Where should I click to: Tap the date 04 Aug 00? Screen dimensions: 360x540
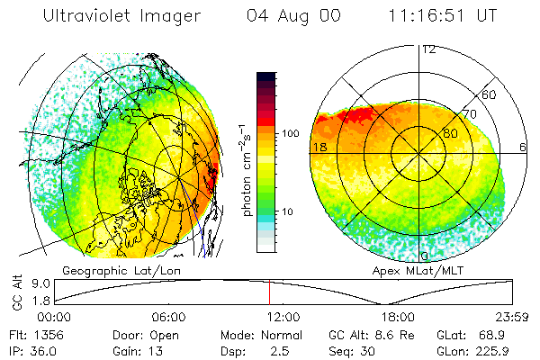point(293,17)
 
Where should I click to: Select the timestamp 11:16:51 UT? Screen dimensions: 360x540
point(443,17)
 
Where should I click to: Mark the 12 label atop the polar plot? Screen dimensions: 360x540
point(428,49)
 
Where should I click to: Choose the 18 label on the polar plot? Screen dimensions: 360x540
point(319,146)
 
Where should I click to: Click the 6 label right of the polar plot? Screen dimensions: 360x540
point(523,146)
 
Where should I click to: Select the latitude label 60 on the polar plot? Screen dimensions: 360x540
point(490,94)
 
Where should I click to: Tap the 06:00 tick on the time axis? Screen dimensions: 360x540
point(168,317)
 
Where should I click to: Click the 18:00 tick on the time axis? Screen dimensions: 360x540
point(397,317)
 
